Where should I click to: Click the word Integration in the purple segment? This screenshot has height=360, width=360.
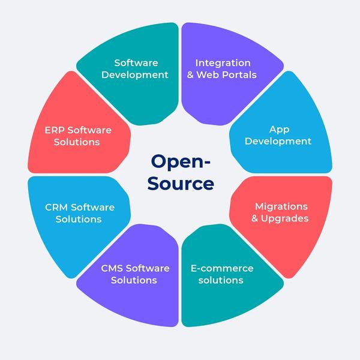click(x=223, y=63)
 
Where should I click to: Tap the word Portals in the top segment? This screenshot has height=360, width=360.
click(x=238, y=75)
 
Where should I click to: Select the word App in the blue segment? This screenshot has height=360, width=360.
click(x=280, y=129)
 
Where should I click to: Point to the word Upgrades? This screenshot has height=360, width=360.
click(x=284, y=219)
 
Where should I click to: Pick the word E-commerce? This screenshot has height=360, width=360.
click(x=221, y=268)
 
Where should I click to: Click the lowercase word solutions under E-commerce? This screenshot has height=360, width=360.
click(x=221, y=280)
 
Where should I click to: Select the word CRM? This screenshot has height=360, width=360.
click(x=56, y=207)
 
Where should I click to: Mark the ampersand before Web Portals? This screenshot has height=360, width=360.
click(x=200, y=75)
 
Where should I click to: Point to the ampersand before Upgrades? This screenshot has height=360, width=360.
click(x=255, y=219)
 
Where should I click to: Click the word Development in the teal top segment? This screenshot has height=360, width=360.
click(x=135, y=75)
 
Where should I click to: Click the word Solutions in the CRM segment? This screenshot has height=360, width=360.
click(x=79, y=219)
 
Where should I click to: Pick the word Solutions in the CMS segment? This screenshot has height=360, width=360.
click(x=134, y=280)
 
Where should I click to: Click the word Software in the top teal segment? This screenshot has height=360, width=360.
click(x=136, y=63)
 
